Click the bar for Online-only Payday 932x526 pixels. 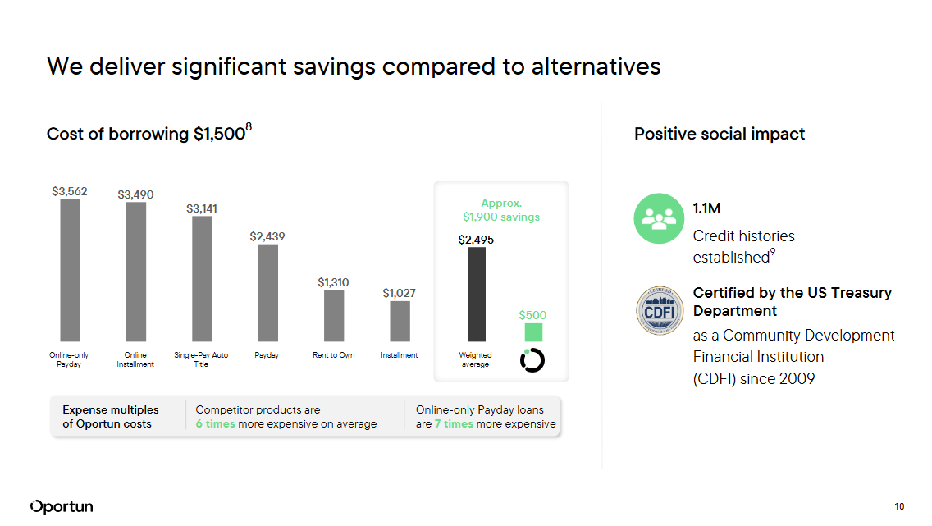point(70,270)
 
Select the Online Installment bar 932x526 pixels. point(136,272)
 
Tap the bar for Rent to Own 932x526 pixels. point(334,315)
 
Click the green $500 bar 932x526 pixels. point(533,332)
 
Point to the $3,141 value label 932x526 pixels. point(202,208)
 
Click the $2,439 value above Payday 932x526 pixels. point(267,236)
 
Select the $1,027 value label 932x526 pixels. point(400,293)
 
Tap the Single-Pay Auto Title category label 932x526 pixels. point(201,359)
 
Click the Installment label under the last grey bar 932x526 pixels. point(400,355)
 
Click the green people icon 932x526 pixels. point(659,218)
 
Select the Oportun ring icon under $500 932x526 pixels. point(532,359)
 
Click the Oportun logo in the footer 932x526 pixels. point(62,506)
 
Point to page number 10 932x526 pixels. point(899,506)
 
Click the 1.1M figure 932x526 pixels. point(706,209)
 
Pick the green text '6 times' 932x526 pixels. point(215,424)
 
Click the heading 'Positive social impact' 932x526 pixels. point(720,134)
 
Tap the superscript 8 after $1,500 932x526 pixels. point(249,126)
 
